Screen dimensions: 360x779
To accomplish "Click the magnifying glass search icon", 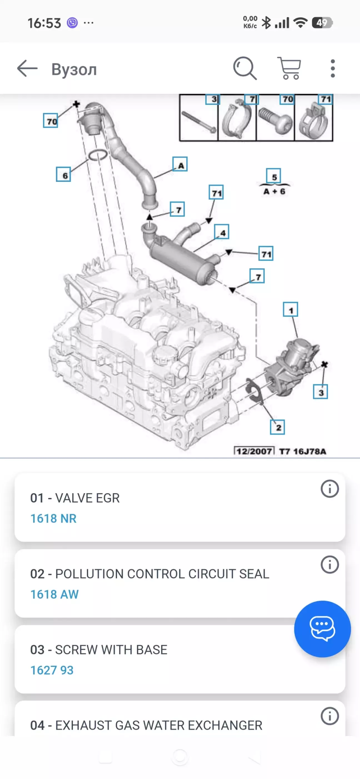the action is coord(245,68).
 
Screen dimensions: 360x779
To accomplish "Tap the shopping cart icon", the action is coord(289,68).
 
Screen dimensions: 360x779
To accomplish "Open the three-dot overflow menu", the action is coord(333,68).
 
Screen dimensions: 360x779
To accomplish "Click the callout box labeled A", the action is coord(180,164).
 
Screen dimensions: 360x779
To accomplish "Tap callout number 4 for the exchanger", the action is coord(222,232).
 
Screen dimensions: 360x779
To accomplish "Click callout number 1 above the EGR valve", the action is coord(291,310).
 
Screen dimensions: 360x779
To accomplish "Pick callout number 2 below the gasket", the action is coord(277,427).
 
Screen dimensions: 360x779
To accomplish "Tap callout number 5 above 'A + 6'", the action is coord(274,176).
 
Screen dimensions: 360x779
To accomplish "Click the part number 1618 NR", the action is coord(53,519).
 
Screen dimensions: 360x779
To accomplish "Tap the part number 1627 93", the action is coord(52,670).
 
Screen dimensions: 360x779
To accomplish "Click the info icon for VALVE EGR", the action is coord(330,489).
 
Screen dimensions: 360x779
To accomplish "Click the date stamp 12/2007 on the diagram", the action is coord(254,451).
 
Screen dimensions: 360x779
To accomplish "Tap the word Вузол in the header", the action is coord(74,70).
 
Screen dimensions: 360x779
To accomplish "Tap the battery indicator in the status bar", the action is coord(322,23).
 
